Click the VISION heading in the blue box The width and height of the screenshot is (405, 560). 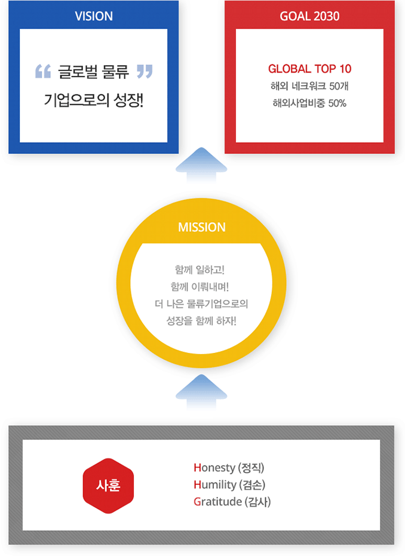[94, 16]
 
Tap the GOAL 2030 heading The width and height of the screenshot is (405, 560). [309, 16]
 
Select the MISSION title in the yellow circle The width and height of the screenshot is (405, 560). [202, 227]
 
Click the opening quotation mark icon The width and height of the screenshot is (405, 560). [43, 71]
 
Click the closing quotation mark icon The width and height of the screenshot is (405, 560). [145, 71]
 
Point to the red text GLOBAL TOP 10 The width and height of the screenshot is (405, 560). [309, 69]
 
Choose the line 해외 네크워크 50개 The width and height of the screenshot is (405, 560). [309, 86]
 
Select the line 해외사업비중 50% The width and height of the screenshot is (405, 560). [309, 103]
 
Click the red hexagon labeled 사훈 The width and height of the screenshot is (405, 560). [108, 486]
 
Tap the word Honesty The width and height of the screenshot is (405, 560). [214, 467]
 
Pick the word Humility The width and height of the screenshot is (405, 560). [215, 485]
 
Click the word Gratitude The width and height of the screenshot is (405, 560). [217, 501]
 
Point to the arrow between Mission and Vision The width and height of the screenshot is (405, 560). [201, 165]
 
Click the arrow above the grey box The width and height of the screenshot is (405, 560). [201, 392]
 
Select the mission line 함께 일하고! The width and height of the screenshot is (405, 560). [200, 270]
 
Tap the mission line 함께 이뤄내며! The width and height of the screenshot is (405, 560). [200, 287]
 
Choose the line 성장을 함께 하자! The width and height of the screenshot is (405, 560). [201, 321]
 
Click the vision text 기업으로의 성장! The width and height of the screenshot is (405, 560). [94, 100]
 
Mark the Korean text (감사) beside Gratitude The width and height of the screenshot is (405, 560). [257, 501]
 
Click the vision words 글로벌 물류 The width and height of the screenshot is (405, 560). [94, 72]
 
